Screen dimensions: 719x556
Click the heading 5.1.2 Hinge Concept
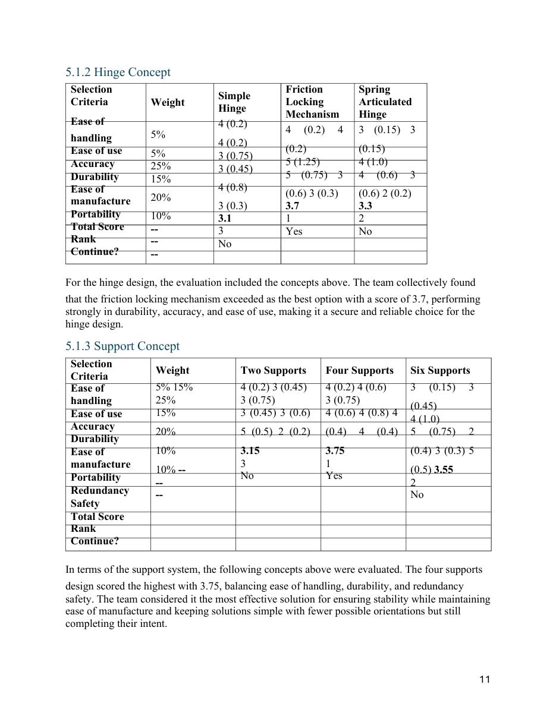(118, 72)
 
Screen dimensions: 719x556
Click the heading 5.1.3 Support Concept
(122, 346)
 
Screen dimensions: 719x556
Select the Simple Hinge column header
(234, 102)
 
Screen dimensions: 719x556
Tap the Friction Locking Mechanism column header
(312, 102)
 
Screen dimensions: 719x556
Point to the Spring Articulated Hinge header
(385, 102)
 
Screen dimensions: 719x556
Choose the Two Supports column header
(273, 371)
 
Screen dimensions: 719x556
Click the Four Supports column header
(359, 371)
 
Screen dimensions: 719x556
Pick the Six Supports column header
(439, 371)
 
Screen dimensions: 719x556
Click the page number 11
(485, 680)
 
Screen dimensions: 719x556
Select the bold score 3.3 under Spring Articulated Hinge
(367, 206)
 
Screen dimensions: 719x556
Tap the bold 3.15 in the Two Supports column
(250, 451)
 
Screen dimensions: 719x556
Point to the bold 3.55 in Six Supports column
(443, 469)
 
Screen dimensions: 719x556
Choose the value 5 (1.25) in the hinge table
(303, 162)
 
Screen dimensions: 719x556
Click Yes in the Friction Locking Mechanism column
(294, 232)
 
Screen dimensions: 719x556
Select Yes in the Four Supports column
(334, 476)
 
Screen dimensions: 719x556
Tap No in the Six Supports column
(417, 495)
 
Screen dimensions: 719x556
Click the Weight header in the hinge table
(167, 103)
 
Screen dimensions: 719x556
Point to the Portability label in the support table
(95, 478)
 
